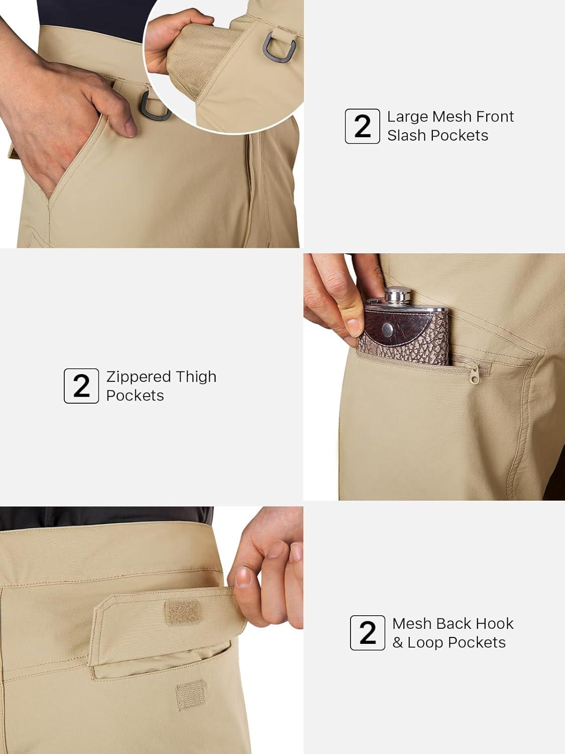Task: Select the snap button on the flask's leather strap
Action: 388,329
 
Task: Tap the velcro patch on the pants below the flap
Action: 191,694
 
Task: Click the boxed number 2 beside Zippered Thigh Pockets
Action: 81,386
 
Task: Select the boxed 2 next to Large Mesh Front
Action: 362,126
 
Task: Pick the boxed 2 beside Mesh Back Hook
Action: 368,632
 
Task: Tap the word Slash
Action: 406,135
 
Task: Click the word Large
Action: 407,117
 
